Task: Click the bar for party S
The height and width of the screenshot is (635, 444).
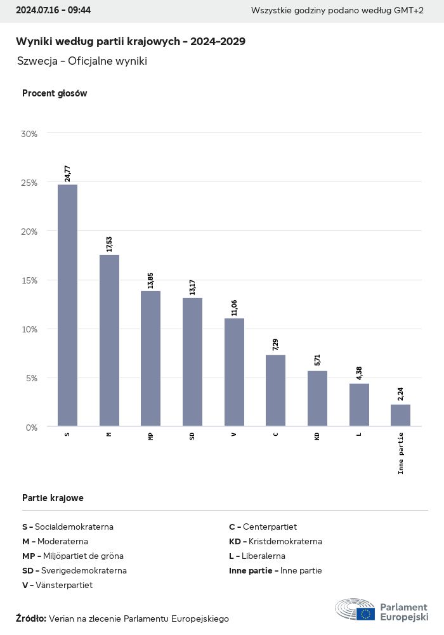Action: click(67, 305)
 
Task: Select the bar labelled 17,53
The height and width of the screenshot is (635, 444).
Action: click(109, 340)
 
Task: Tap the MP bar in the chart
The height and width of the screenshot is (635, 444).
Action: click(150, 358)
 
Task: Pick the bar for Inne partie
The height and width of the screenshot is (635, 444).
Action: click(400, 415)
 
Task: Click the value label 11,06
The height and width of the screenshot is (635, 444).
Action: click(234, 308)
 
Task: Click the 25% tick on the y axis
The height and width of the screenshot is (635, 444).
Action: click(29, 183)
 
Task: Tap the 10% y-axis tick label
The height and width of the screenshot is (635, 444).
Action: click(29, 329)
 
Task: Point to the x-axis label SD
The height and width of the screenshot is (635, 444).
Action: click(192, 436)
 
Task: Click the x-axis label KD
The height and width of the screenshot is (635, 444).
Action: click(317, 436)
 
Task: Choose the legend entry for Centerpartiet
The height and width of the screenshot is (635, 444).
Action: click(263, 527)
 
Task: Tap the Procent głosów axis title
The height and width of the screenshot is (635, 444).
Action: click(55, 93)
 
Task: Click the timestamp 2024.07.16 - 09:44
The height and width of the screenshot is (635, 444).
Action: click(53, 11)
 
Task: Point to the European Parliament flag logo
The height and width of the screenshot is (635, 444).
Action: click(365, 613)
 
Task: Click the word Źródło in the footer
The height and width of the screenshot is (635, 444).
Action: click(30, 619)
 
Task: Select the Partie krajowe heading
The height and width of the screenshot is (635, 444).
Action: click(53, 498)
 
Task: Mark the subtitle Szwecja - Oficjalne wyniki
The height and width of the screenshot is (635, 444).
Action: click(82, 61)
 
